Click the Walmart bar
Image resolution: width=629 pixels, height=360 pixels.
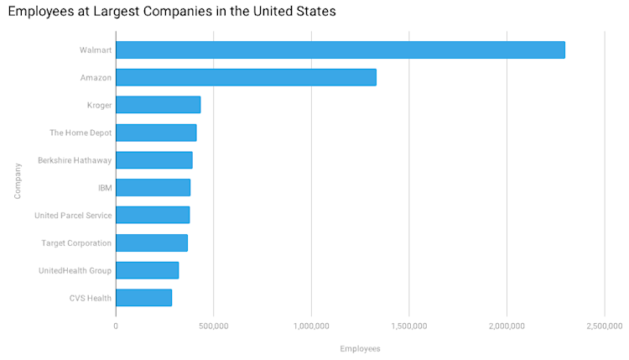pos(340,50)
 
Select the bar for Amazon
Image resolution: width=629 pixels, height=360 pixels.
pos(246,77)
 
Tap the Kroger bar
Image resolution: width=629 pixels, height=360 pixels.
pos(158,105)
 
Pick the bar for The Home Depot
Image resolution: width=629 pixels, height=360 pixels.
pos(156,133)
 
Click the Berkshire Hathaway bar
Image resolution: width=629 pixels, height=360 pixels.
pos(153,159)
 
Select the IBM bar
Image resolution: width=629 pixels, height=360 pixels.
pos(153,187)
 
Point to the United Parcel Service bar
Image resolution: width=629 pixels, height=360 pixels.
pos(152,215)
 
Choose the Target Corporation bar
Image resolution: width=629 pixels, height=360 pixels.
pos(151,243)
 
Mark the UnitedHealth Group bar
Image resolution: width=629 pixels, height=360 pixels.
pos(147,270)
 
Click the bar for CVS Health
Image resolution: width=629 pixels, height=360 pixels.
pos(143,297)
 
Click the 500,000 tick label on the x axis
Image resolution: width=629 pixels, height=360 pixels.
pos(213,324)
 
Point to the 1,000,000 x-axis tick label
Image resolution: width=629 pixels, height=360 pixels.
pos(311,324)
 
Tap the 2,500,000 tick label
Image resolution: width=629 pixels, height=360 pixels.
pos(605,324)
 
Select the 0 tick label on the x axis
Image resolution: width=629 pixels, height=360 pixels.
pos(116,324)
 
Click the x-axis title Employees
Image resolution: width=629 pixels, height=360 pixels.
pos(360,348)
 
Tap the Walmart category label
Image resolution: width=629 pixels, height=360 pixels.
pos(96,50)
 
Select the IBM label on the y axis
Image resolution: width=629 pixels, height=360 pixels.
pos(105,188)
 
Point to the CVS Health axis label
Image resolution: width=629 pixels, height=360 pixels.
pos(91,298)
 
